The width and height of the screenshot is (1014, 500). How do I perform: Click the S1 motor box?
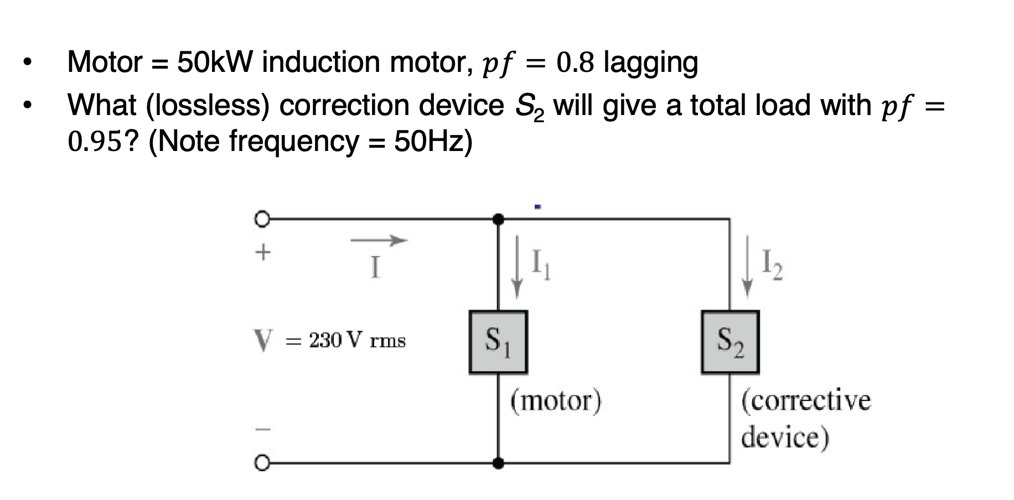coord(498,342)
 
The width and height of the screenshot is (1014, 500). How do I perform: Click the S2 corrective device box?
coord(730,342)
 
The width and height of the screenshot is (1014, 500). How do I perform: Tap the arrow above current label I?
coord(379,240)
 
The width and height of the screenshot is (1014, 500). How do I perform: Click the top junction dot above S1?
coord(498,219)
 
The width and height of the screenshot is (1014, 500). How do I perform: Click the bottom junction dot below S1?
coord(498,462)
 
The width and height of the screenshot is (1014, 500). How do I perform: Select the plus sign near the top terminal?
coord(263,252)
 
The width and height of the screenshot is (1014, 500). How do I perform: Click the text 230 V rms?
coord(357,340)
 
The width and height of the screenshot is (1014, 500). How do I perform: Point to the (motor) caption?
coord(555,400)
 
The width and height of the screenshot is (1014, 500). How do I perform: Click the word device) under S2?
coord(785,437)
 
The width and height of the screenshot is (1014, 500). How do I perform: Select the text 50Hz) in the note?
coord(433,142)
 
